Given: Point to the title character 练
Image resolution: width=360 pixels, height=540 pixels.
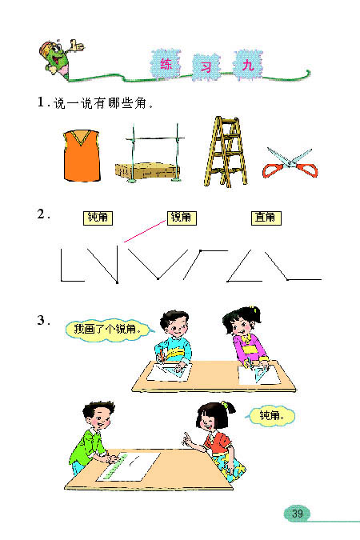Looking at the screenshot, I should (x=166, y=63).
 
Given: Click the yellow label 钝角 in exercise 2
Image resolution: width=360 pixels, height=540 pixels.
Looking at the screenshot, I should (x=98, y=218).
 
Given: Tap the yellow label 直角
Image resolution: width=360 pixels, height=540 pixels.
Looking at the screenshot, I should (x=264, y=217).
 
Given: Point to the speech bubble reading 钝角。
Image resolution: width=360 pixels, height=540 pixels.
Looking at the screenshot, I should (x=273, y=415).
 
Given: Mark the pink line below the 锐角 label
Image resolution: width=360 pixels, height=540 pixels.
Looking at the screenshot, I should (x=143, y=232).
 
